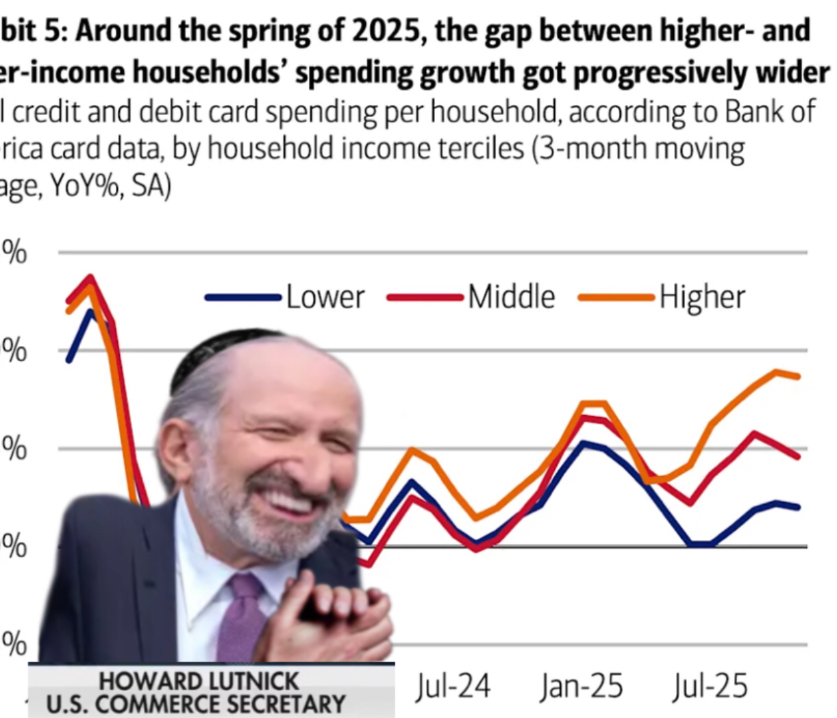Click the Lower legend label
pyautogui.click(x=325, y=297)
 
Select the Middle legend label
pyautogui.click(x=512, y=297)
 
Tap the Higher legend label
pyautogui.click(x=702, y=297)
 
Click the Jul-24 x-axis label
pyautogui.click(x=453, y=686)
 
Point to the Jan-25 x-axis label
pyautogui.click(x=582, y=686)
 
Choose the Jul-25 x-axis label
pyautogui.click(x=710, y=686)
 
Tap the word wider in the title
pyautogui.click(x=790, y=73)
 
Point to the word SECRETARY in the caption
pyautogui.click(x=287, y=704)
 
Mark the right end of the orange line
pyautogui.click(x=799, y=376)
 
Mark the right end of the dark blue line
pyautogui.click(x=799, y=507)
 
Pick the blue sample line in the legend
pyautogui.click(x=243, y=297)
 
